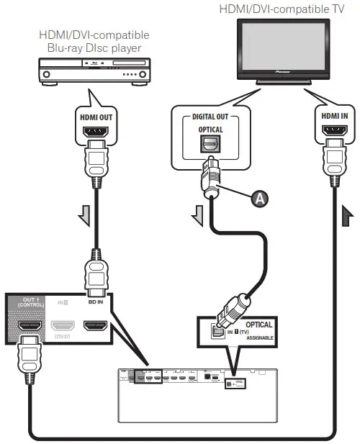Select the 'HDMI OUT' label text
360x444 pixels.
coord(96,114)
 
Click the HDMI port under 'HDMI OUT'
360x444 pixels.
coord(96,134)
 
